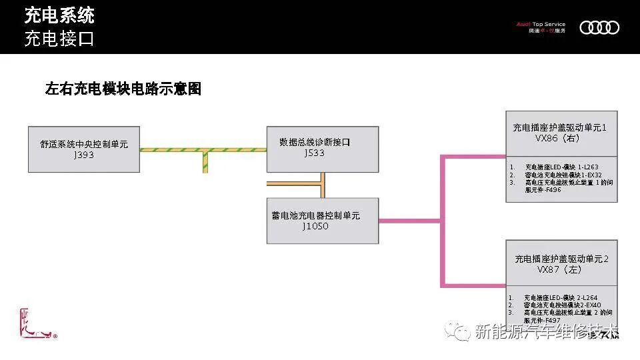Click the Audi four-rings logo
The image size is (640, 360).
point(599,27)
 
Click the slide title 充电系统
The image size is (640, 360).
point(59,15)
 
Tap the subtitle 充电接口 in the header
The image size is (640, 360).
point(59,39)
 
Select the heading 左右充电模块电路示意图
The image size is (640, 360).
point(123,89)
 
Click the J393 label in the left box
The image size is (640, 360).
point(84,155)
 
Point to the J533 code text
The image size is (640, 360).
point(314,153)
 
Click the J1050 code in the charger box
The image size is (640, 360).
point(315,226)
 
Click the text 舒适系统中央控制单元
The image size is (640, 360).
point(84,144)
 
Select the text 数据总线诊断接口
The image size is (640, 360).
point(315,142)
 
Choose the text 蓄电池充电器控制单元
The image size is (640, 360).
point(316,215)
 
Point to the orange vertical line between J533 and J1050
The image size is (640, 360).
point(322,185)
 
